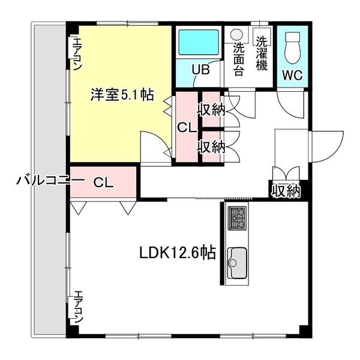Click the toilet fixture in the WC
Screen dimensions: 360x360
point(292,48)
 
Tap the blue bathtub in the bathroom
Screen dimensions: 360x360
point(199,42)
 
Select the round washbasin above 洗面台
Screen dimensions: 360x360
point(236,35)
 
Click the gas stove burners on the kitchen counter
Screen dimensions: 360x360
point(237,218)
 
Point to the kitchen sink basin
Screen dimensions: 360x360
point(237,263)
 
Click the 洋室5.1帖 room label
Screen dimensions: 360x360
point(122,95)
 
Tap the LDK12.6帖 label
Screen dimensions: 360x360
point(178,253)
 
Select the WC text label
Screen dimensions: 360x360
point(292,75)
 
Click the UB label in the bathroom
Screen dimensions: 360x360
point(201,70)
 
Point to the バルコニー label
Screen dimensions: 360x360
point(49,180)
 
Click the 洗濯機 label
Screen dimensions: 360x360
point(262,53)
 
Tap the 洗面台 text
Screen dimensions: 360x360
point(239,59)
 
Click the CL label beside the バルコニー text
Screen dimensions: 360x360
point(103,182)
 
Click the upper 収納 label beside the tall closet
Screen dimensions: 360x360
point(211,110)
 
